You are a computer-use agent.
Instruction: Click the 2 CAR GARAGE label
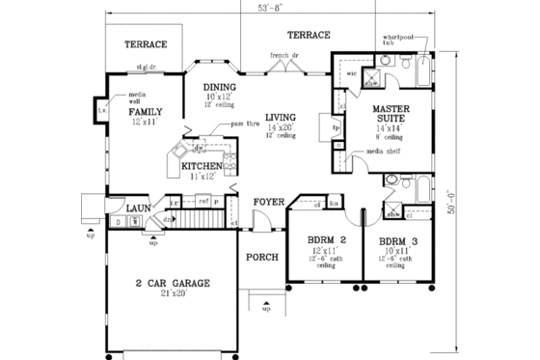[x=174, y=283]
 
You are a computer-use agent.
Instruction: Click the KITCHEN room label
[x=202, y=166]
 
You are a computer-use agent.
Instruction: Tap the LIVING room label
[x=282, y=117]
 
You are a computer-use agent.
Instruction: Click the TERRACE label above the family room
[x=148, y=44]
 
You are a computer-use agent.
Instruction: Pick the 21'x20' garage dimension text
[x=174, y=293]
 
